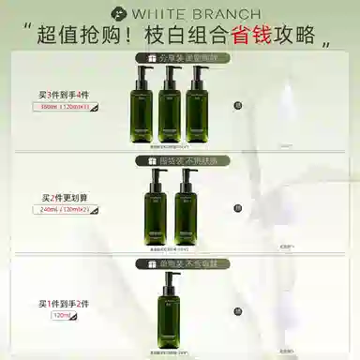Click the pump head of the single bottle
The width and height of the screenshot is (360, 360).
169,278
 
